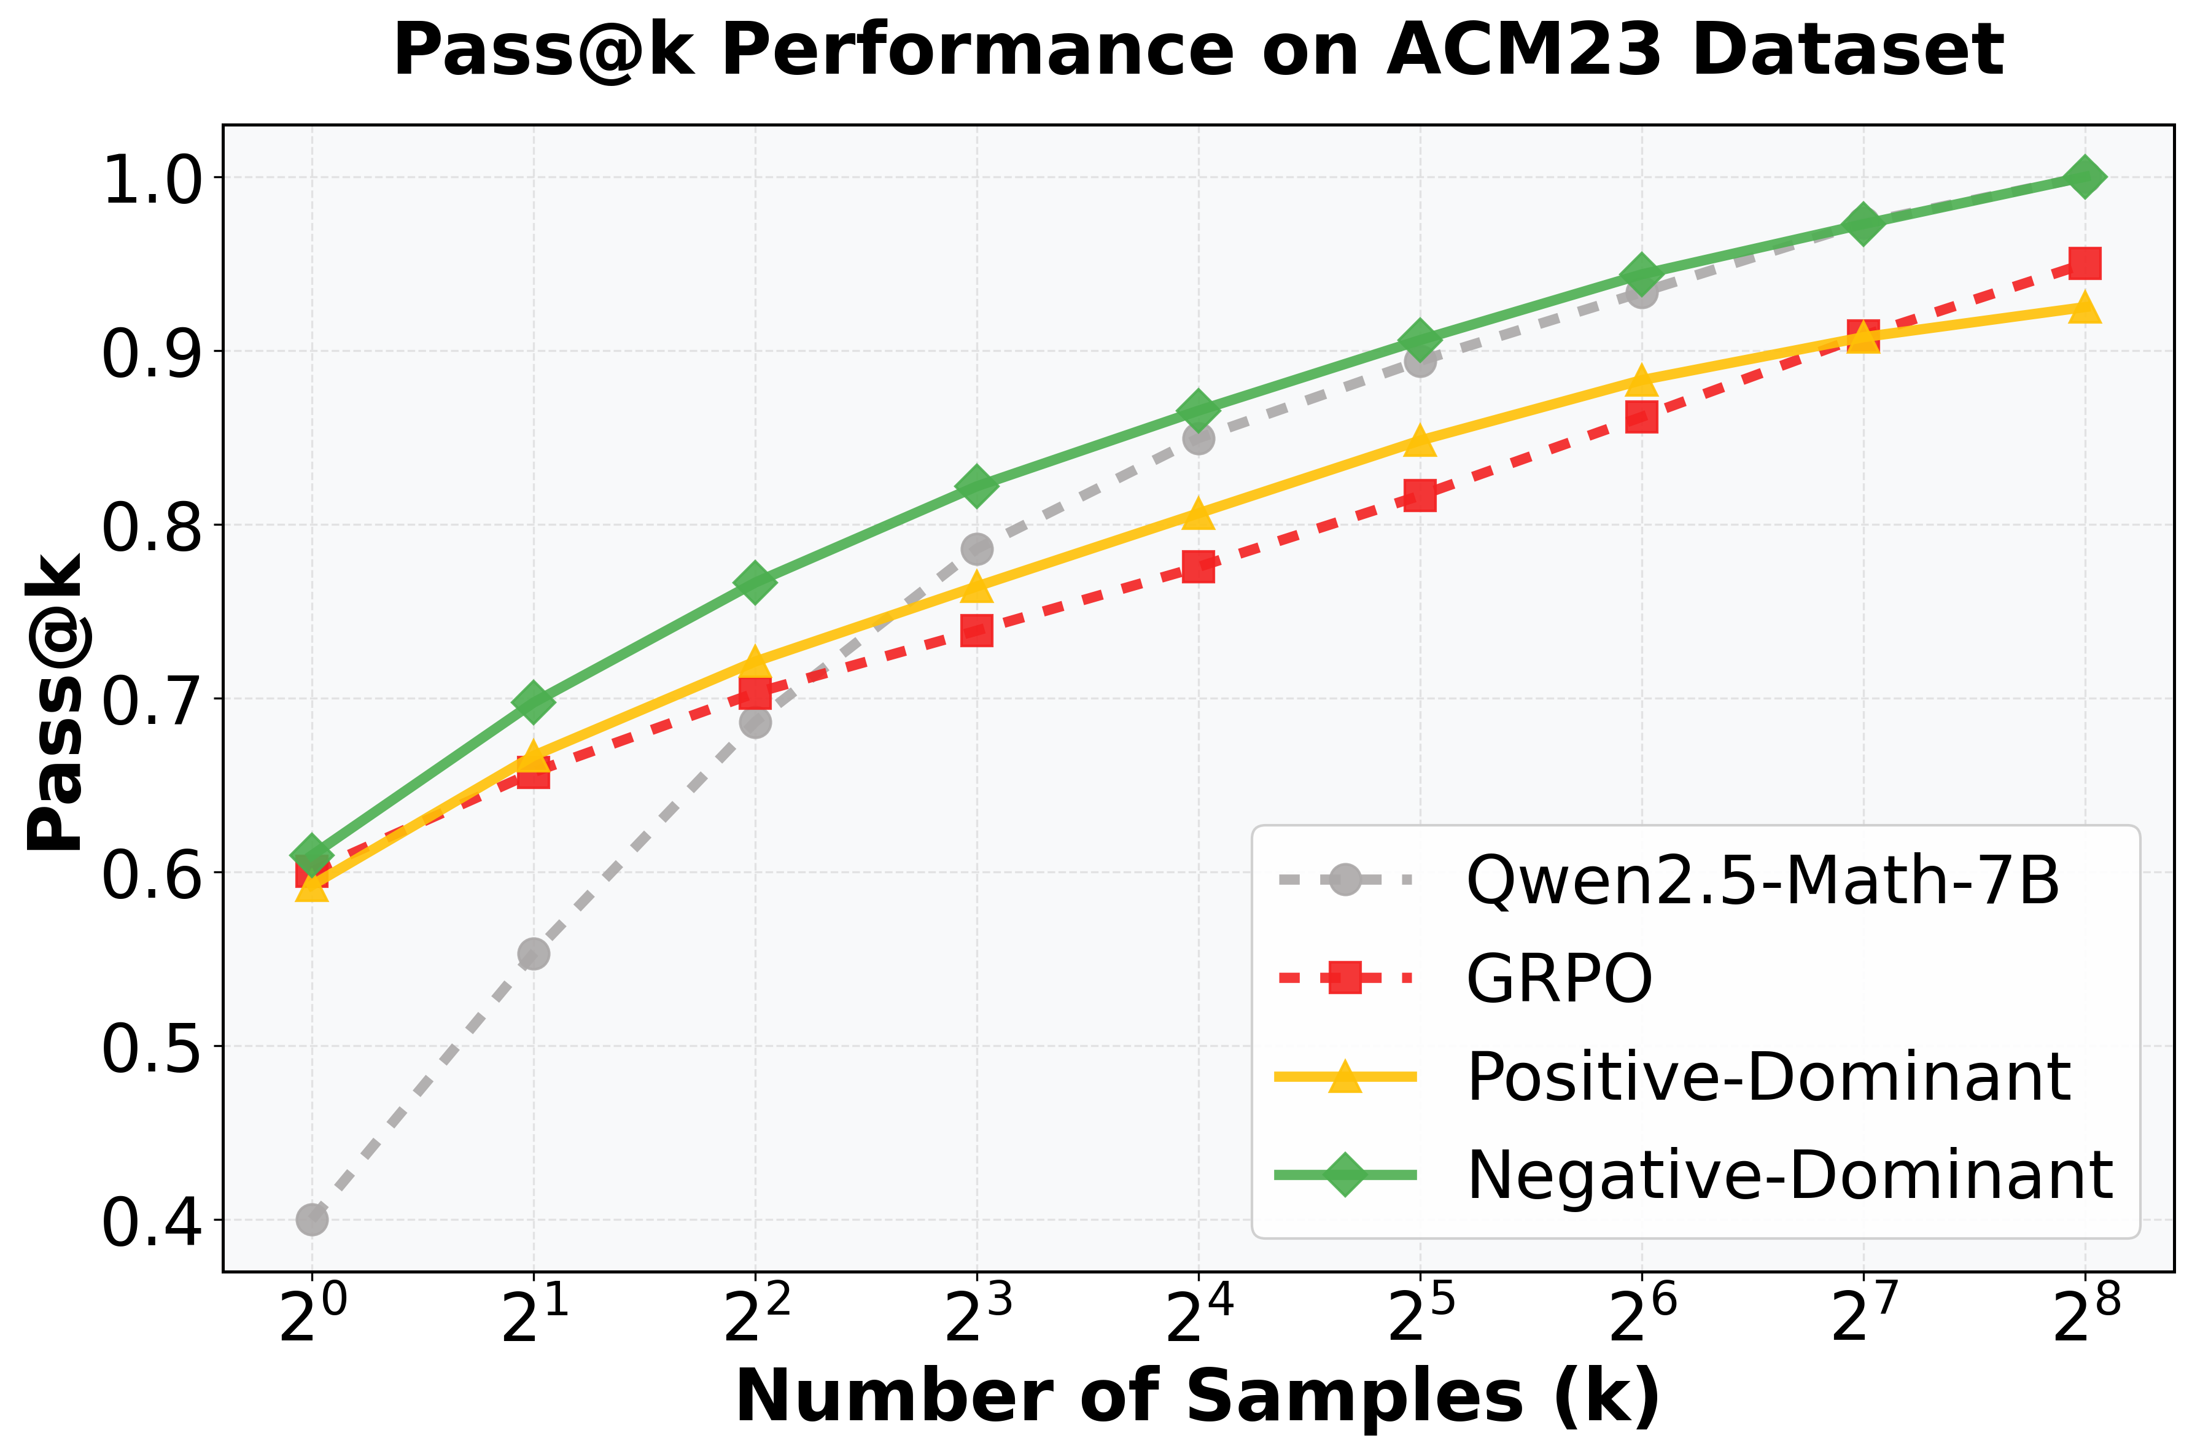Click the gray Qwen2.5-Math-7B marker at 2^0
coord(311,1219)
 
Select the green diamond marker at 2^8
coord(2085,177)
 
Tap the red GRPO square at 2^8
coord(2085,263)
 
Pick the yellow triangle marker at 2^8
coord(2085,307)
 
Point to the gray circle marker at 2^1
coord(533,953)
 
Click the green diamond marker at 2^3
coord(976,485)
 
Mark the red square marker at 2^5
coord(1420,495)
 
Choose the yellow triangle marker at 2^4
coord(1198,513)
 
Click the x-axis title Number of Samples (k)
coord(1198,1396)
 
